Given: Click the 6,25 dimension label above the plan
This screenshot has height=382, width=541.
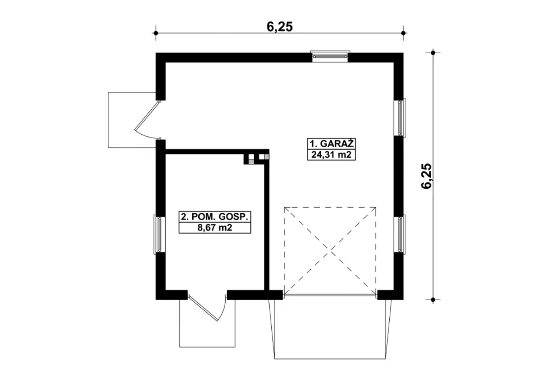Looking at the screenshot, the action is point(279,27).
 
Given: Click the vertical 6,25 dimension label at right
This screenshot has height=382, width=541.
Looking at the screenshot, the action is point(426,176).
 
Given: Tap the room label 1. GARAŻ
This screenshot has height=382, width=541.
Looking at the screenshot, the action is point(332,144).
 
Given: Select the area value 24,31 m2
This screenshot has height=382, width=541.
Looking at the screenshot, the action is point(331,154).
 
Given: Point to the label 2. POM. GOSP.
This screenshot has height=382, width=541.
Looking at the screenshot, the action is point(215,217).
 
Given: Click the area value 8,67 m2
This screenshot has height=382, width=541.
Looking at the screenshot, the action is point(215,228).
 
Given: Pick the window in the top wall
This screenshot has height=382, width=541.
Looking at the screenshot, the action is point(330,56).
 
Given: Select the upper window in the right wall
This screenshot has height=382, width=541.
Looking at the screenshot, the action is point(400,118).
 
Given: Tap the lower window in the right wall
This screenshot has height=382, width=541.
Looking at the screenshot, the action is point(400,234).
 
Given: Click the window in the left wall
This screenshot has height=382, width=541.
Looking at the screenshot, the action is point(159,234).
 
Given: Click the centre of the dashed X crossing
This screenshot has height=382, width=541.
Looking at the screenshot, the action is point(330,251).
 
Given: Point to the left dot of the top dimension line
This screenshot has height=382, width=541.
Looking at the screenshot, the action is point(156,33).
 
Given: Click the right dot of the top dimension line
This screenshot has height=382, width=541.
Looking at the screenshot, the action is point(403,33).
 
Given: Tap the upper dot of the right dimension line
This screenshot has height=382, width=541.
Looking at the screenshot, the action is point(433,53).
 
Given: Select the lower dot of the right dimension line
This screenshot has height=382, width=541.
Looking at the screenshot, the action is point(433,300).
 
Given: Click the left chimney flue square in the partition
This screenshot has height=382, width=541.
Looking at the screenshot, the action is point(251,159).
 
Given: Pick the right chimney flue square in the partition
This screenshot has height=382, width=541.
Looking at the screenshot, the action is point(264,157).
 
